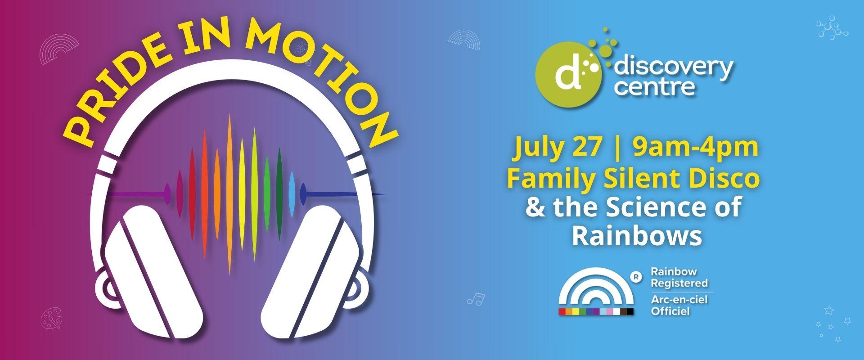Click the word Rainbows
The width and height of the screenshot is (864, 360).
point(637,236)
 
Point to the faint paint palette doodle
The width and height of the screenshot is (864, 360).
point(51,319)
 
